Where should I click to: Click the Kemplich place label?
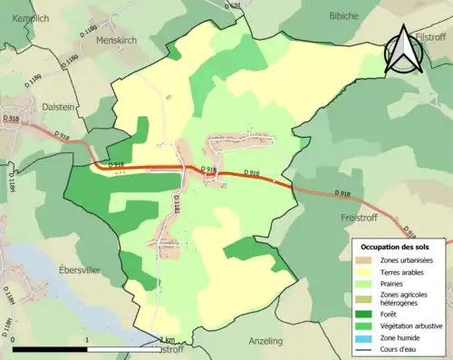point(26,17)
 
